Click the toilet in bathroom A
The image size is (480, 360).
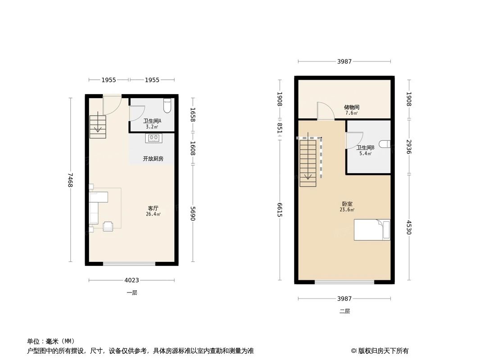click(x=167, y=106)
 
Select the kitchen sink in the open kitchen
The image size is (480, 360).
click(x=153, y=138)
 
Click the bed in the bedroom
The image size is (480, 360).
click(x=372, y=229)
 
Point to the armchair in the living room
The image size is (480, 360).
click(x=109, y=226)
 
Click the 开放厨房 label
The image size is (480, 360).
click(x=153, y=159)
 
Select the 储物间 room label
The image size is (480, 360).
click(x=352, y=107)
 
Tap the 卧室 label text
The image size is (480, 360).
click(x=347, y=204)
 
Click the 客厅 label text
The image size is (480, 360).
click(x=153, y=208)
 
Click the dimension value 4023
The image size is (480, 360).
click(x=131, y=280)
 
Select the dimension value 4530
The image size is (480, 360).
click(x=409, y=227)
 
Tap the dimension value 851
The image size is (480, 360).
click(x=280, y=129)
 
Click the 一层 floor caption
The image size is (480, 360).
click(x=131, y=292)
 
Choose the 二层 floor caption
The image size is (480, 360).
click(x=344, y=311)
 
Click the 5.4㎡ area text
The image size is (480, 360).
click(x=365, y=153)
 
